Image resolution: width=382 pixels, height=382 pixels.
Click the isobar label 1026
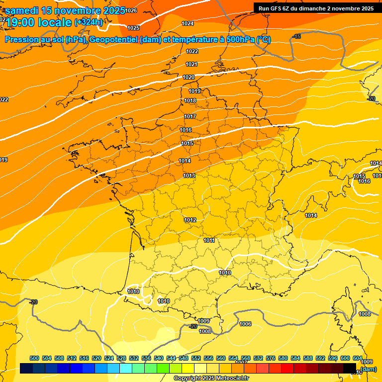(131, 10)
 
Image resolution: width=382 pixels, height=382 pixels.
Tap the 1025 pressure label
(133, 28)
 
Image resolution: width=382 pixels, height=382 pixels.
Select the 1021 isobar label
(191, 64)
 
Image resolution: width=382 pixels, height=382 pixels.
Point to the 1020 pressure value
(189, 77)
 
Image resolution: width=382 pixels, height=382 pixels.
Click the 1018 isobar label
(190, 101)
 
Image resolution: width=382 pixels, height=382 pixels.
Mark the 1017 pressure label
(190, 116)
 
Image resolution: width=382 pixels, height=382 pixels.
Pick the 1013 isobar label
(189, 176)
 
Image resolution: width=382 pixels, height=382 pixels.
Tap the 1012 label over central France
(190, 220)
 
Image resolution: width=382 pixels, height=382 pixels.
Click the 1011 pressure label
(209, 240)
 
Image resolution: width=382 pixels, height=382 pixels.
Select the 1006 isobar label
(245, 324)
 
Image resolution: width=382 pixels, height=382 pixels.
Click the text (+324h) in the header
(89, 22)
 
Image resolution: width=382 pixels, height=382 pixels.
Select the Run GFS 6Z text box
(316, 8)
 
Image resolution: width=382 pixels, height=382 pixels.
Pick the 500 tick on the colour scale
(34, 358)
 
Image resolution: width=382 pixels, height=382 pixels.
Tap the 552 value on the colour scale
(196, 358)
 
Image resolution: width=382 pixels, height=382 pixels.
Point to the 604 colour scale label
(357, 358)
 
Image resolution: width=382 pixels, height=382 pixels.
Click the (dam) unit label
(369, 369)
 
